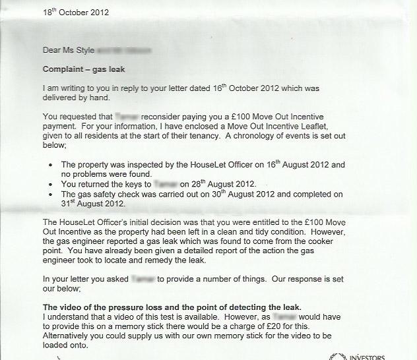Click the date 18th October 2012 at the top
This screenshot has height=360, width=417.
tap(77, 13)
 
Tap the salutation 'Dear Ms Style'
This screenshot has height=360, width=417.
tap(69, 49)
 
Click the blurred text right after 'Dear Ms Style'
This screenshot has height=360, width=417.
tap(124, 49)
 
